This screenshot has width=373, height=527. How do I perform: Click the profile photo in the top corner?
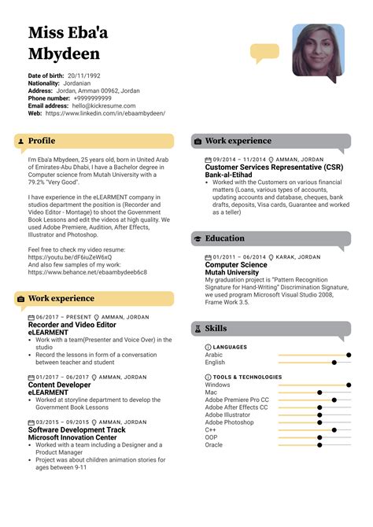(318, 50)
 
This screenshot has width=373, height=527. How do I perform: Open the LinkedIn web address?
(105, 113)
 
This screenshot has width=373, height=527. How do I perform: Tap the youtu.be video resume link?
(69, 257)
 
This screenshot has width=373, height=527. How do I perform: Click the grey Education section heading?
(224, 238)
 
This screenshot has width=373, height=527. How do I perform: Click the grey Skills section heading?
(216, 327)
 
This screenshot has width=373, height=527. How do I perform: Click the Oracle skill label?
(214, 444)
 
